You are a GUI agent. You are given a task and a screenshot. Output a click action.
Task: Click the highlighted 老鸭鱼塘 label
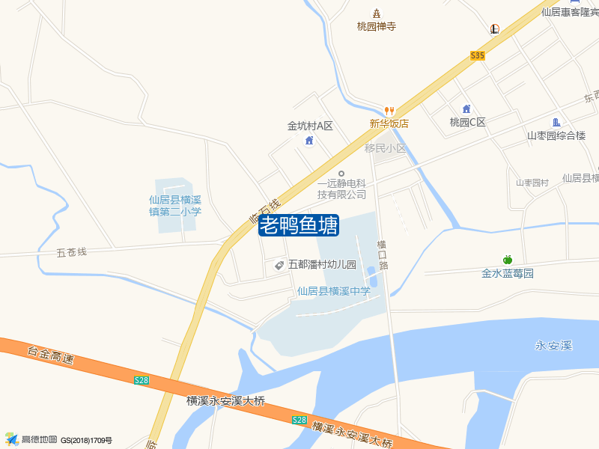pos(299,225)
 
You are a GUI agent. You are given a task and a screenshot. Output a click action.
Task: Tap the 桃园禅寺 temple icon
pos(376,13)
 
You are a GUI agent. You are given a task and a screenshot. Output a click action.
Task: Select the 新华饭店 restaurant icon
pos(389,110)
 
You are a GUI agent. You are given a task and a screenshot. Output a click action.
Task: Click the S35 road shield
pos(478,55)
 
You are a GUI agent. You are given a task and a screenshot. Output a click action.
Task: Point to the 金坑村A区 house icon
pos(308,141)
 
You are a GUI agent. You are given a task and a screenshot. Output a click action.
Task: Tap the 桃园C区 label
pos(467,122)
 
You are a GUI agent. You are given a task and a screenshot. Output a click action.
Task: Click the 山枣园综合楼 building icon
pos(556,123)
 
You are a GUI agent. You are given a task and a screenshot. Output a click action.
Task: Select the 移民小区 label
pos(385,148)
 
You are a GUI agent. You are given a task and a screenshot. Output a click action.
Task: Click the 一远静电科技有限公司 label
pos(341,189)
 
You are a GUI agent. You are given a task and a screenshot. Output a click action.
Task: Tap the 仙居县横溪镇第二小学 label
pos(175,206)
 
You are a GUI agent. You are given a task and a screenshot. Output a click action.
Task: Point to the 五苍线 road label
pos(72,252)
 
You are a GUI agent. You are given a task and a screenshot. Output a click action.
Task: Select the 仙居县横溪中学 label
pos(333,291)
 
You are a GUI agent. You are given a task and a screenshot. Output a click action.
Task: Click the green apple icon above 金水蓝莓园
pos(507,259)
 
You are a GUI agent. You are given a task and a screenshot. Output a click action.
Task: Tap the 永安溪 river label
pos(553,345)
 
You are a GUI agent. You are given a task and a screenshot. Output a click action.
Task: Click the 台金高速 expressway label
pos(51,355)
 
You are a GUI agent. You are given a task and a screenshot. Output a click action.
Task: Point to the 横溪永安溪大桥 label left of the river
pos(225,400)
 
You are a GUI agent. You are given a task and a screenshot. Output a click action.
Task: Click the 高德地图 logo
pos(30,439)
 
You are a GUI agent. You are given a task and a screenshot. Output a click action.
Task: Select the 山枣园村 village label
pos(532,183)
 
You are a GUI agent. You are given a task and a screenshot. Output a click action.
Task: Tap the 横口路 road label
pos(383,254)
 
